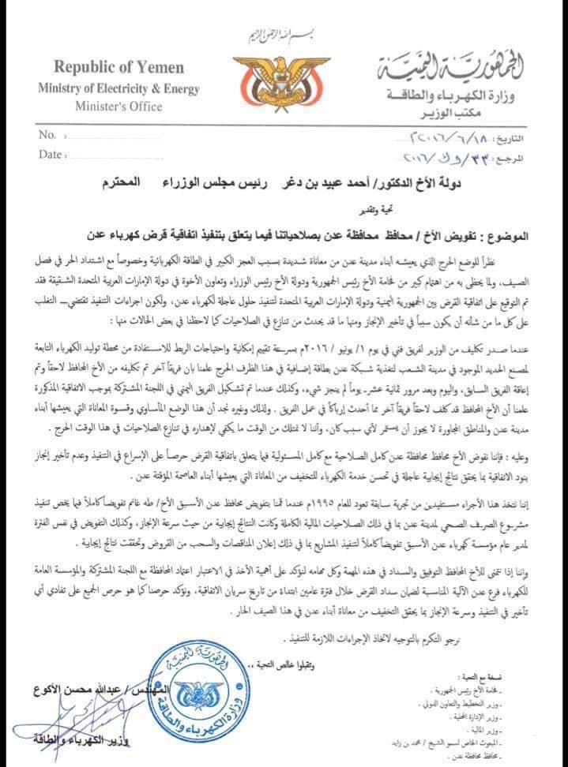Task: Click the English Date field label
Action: tap(51, 154)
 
